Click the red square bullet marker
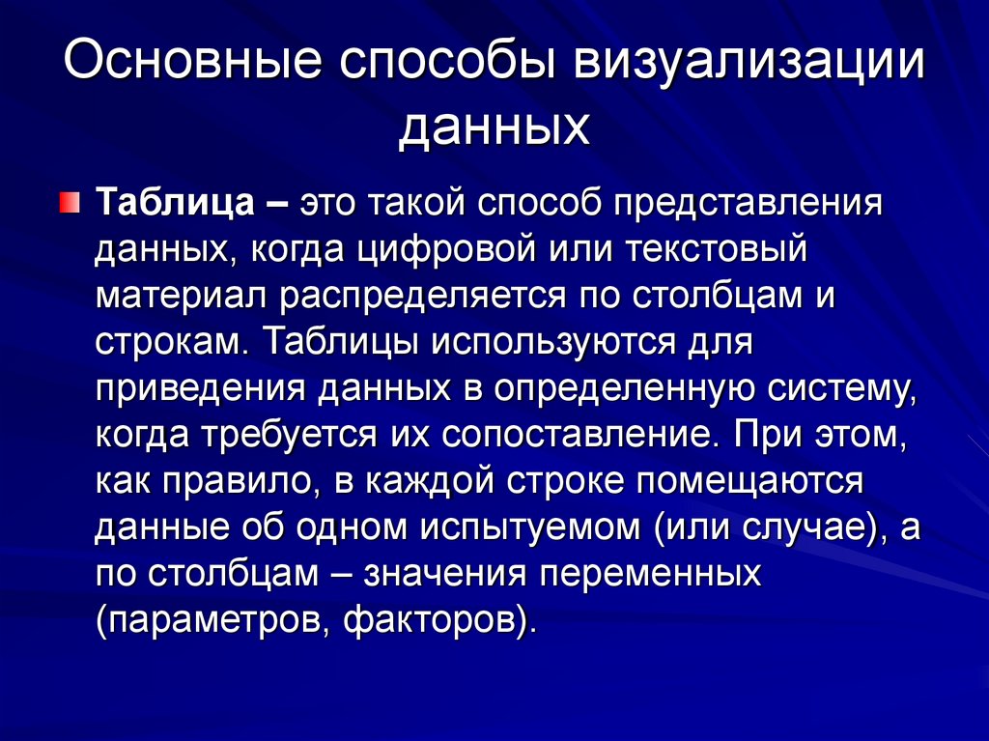pos(70,203)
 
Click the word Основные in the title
pos(192,61)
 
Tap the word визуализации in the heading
pos(749,62)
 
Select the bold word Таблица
pos(176,203)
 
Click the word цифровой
pos(447,250)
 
